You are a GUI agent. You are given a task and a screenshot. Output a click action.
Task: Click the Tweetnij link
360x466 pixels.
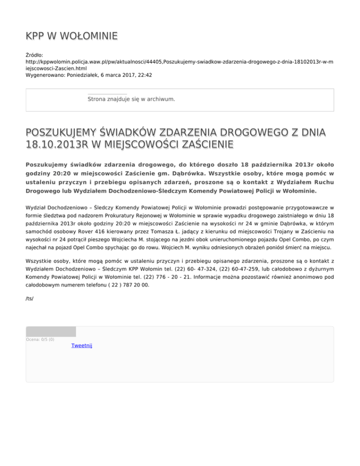pyautogui.click(x=82, y=346)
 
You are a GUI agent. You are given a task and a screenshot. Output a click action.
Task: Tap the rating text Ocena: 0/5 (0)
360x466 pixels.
pyautogui.click(x=40, y=339)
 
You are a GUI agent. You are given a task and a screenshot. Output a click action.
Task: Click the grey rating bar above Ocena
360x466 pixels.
pyautogui.click(x=51, y=331)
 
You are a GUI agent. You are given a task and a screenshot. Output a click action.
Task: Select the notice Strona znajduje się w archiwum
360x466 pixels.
pyautogui.click(x=131, y=99)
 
